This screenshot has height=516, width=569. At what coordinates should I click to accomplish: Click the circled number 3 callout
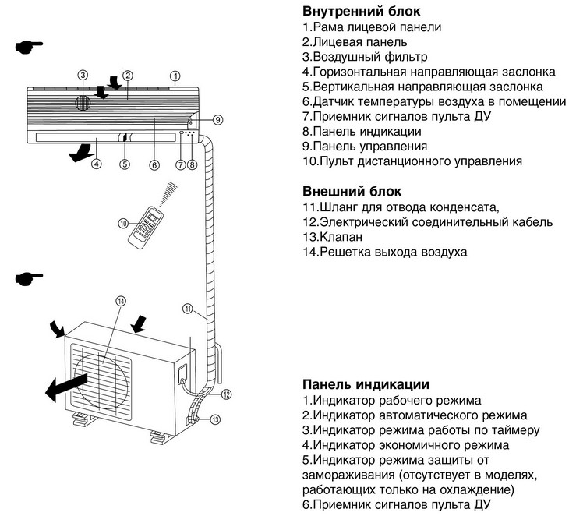83,76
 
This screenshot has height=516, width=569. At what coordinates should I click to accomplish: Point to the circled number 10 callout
123,223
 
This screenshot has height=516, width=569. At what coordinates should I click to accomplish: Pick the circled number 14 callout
120,301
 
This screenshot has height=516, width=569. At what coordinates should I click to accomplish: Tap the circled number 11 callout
187,308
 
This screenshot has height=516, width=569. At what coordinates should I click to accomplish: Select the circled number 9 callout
217,119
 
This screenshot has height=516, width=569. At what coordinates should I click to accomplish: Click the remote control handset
147,225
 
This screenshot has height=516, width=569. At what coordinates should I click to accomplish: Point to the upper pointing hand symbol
29,48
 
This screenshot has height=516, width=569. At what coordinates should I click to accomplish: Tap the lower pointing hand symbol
29,277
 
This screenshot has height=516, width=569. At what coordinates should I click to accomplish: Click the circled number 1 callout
175,76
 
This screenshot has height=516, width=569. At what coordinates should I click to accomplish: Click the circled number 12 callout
225,394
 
